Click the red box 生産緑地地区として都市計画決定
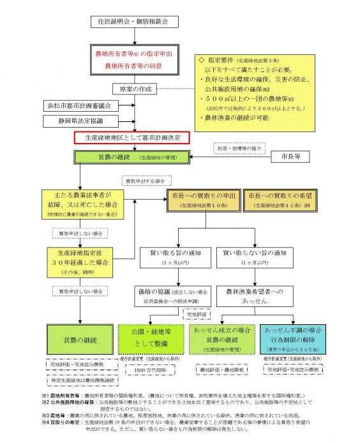click(x=133, y=137)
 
